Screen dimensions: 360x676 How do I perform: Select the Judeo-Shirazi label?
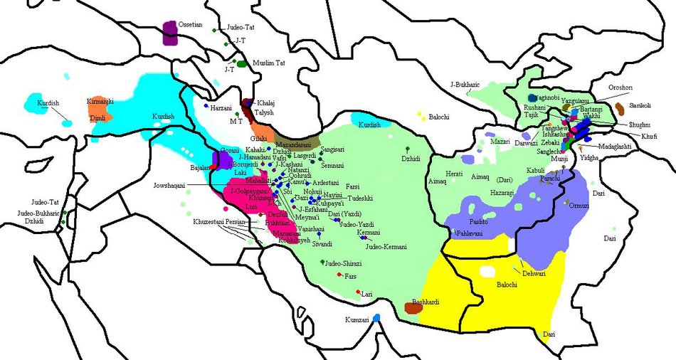(343, 263)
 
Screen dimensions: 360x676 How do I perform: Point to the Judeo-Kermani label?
(386, 246)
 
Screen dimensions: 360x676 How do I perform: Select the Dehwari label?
(534, 272)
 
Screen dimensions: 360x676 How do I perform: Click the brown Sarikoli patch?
(620, 108)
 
